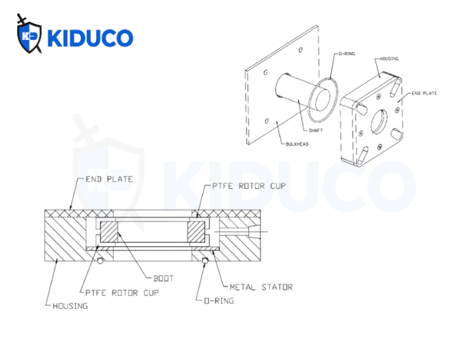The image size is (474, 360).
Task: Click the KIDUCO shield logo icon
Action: click(30, 37)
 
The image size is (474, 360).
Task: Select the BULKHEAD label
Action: click(295, 144)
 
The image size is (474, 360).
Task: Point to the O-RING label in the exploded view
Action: click(346, 53)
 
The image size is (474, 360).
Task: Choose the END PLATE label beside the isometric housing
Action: click(424, 92)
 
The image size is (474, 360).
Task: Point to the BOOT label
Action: click(164, 279)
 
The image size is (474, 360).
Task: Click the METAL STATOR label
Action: click(261, 286)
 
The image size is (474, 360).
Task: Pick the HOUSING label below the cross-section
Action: click(70, 305)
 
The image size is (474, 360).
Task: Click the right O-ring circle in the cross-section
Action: click(205, 260)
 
